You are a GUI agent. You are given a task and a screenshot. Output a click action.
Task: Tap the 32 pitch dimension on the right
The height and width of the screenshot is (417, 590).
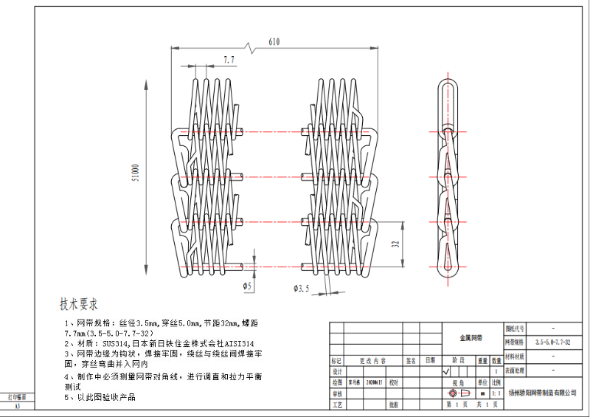pyautogui.click(x=395, y=243)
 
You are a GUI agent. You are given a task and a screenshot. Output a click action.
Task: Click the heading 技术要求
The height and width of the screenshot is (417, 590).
pyautogui.click(x=79, y=304)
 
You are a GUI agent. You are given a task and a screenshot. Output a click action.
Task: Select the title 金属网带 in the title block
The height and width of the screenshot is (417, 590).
pyautogui.click(x=471, y=337)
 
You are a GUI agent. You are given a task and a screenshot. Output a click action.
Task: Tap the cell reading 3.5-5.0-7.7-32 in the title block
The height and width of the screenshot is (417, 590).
pyautogui.click(x=552, y=342)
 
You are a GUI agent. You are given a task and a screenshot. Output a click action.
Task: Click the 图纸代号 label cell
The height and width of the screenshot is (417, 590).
pyautogui.click(x=516, y=328)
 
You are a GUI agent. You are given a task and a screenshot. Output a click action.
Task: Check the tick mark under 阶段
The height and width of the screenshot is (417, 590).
pyautogui.click(x=445, y=372)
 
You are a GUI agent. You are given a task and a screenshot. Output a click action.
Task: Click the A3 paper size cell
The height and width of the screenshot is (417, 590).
pyautogui.click(x=18, y=406)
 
